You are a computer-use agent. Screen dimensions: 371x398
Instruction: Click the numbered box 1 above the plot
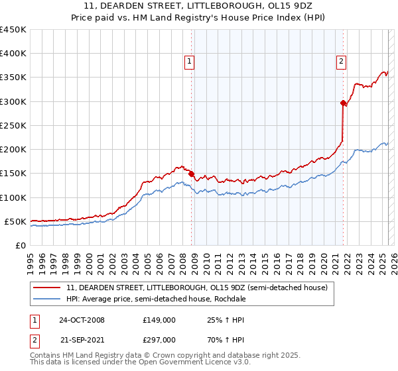pos(189,62)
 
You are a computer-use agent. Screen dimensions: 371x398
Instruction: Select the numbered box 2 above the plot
pos(341,62)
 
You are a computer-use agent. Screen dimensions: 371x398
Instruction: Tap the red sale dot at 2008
pos(192,174)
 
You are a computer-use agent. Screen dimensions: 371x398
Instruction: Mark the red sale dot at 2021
pos(343,103)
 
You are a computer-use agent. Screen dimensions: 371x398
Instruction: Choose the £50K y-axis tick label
pos(16,221)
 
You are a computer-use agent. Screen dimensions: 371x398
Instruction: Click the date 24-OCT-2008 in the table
pos(82,320)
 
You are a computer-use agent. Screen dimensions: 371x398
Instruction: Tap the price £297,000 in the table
pos(159,339)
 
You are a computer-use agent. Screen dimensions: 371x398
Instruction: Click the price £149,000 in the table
pos(159,320)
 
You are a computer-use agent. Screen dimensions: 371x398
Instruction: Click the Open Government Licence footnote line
pos(139,364)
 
